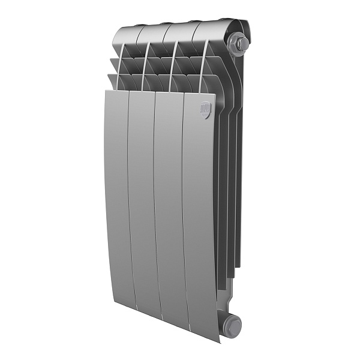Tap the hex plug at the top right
239,44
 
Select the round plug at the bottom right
232,326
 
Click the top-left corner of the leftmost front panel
104,92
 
